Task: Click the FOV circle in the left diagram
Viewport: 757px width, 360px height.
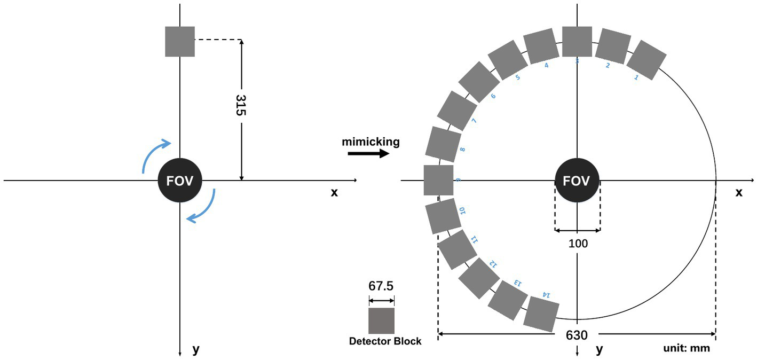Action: pyautogui.click(x=180, y=181)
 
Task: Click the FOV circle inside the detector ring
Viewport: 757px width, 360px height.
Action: pyautogui.click(x=577, y=181)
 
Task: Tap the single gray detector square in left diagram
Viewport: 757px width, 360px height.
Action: pyautogui.click(x=180, y=42)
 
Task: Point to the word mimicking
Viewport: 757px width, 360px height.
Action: pyautogui.click(x=370, y=142)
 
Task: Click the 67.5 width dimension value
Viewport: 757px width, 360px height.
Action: pyautogui.click(x=381, y=286)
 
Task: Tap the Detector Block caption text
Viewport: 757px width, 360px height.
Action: pyautogui.click(x=385, y=341)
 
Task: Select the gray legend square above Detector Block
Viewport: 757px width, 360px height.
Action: pyautogui.click(x=381, y=320)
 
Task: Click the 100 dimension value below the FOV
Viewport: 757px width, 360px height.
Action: pyautogui.click(x=578, y=244)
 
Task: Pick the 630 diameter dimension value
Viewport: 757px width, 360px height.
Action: pyautogui.click(x=578, y=335)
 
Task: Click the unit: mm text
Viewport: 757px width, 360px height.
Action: pyautogui.click(x=686, y=348)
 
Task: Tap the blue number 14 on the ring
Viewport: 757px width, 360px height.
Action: pyautogui.click(x=546, y=294)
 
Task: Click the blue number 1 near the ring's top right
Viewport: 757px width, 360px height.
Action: pyautogui.click(x=635, y=77)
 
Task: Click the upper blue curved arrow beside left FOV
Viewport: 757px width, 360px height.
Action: pyautogui.click(x=156, y=155)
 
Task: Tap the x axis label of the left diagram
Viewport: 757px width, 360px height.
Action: pyautogui.click(x=334, y=192)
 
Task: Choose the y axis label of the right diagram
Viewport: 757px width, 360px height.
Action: pyautogui.click(x=600, y=349)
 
